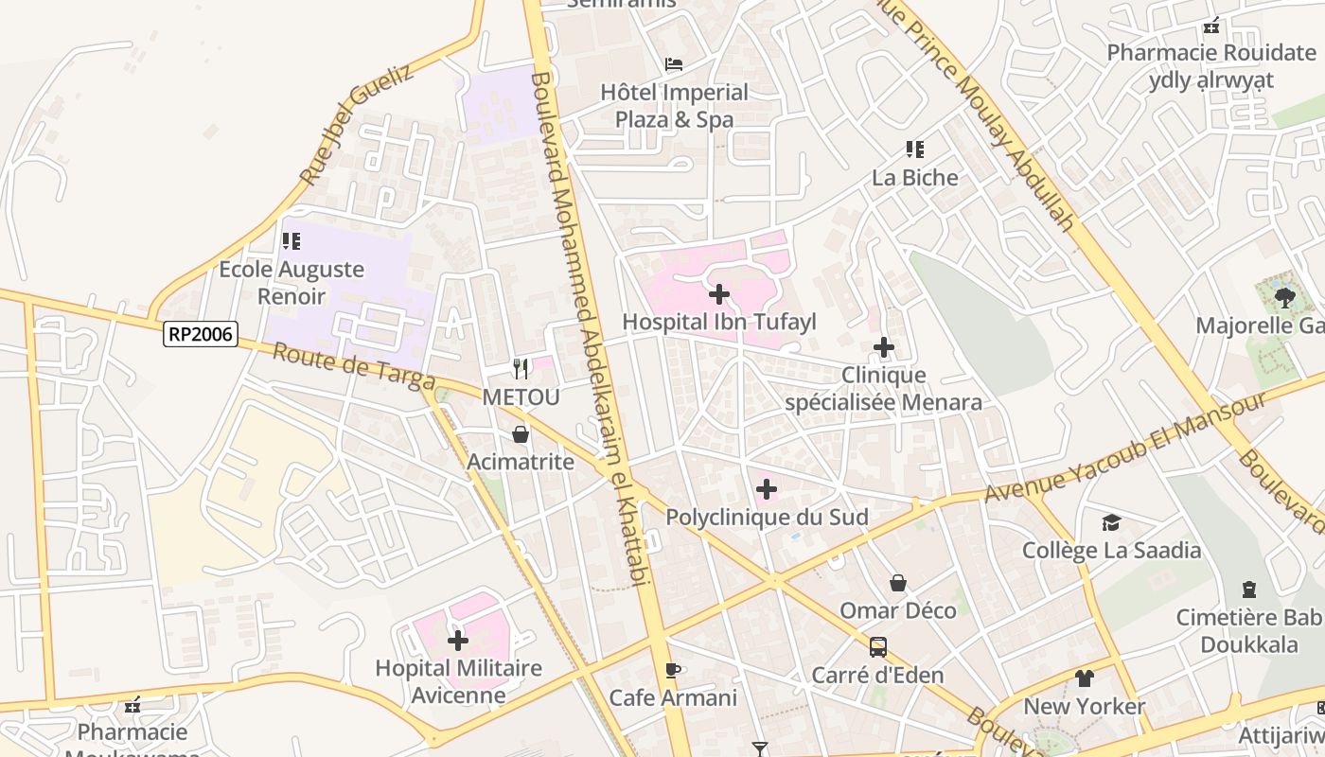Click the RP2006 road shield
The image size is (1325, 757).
point(200,333)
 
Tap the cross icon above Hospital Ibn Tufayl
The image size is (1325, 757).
point(719,294)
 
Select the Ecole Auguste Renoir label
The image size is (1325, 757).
point(291,282)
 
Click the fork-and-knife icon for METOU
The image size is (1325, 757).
point(521,368)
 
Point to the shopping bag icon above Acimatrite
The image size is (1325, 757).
point(521,434)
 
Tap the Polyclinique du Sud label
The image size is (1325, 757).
point(767,518)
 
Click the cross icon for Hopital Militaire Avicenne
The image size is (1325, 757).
point(458,641)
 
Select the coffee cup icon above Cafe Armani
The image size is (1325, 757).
point(673,671)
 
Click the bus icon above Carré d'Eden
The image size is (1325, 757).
point(878,647)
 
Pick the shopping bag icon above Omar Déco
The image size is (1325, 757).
point(898,583)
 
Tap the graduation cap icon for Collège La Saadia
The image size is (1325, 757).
point(1111,523)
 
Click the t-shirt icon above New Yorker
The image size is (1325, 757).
point(1085,678)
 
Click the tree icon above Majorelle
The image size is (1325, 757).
point(1284,298)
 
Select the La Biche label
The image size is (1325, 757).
point(914,178)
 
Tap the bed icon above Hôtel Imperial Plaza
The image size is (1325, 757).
point(674,64)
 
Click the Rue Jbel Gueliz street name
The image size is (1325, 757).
point(356,124)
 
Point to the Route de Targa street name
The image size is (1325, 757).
point(354,367)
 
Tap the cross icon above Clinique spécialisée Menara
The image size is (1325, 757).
point(884,348)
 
